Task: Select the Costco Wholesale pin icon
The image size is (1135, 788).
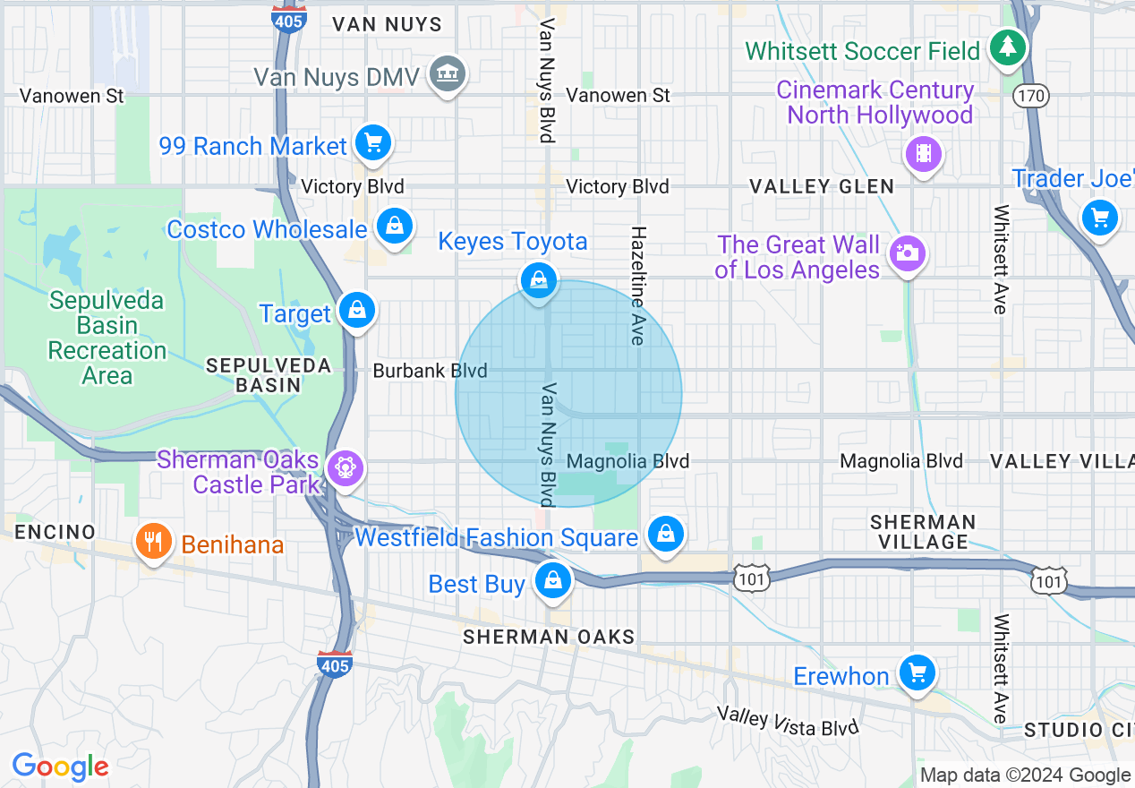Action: point(394,227)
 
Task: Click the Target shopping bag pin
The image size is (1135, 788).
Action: point(357,311)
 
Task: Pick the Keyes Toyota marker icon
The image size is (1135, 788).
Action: point(539,281)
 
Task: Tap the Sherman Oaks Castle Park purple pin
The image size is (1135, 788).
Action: point(345,468)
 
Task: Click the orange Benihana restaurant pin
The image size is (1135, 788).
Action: point(154,542)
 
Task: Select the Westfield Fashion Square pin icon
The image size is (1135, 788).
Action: point(665,535)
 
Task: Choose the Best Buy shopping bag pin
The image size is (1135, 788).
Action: point(553,581)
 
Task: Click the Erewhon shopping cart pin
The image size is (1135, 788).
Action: point(916,672)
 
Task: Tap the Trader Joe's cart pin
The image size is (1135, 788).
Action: point(1099,218)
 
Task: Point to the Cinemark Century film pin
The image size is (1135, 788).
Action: point(924,153)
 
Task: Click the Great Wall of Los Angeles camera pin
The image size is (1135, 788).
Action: point(907,254)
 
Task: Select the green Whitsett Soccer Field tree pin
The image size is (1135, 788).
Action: point(1008,47)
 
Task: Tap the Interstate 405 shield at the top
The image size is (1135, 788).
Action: point(288,20)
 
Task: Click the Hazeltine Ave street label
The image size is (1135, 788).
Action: point(638,285)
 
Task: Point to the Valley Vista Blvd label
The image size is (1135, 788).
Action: point(788,721)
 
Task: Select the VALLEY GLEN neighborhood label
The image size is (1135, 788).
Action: point(821,186)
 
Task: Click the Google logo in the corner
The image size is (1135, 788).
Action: point(60,767)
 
